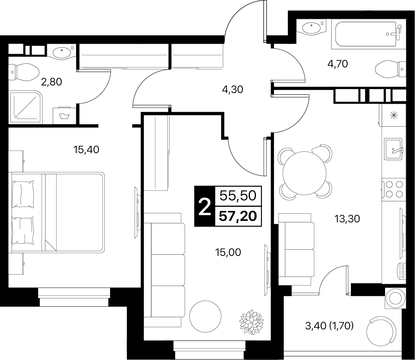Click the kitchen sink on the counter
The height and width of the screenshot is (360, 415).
[393, 149]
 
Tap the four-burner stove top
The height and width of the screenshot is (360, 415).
[394, 189]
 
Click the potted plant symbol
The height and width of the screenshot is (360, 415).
[251, 322]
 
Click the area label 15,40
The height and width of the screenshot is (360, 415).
[86, 150]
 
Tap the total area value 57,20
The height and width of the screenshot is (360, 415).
[238, 216]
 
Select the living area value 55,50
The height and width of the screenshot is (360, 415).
[238, 196]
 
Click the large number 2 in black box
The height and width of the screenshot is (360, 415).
[204, 206]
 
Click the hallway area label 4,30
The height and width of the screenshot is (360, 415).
[233, 89]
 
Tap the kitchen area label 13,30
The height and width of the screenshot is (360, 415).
[347, 219]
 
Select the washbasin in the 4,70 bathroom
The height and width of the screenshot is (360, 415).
[311, 28]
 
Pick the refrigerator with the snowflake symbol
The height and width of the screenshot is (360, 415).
[392, 115]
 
